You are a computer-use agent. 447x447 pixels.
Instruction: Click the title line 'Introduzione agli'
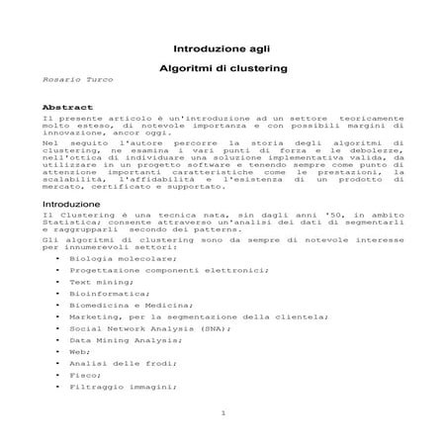[222, 47]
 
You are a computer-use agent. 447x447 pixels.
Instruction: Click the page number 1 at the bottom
[224, 412]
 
